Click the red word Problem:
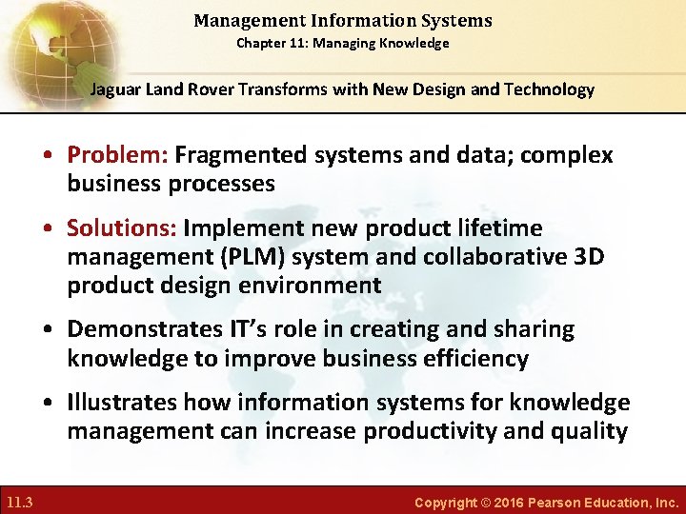[x=119, y=155]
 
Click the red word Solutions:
[x=122, y=228]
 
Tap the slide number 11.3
[x=20, y=502]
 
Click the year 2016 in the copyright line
[x=511, y=502]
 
